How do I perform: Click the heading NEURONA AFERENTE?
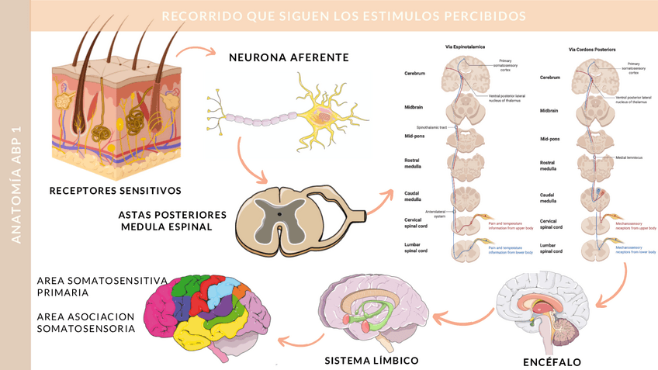pos(289,57)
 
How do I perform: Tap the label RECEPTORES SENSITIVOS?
pos(115,190)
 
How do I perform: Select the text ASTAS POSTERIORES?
pos(172,213)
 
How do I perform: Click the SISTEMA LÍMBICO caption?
pos(372,360)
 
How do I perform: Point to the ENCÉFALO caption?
pos(552,361)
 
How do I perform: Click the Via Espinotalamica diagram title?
pos(465,47)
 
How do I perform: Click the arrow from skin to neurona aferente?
pos(196,53)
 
